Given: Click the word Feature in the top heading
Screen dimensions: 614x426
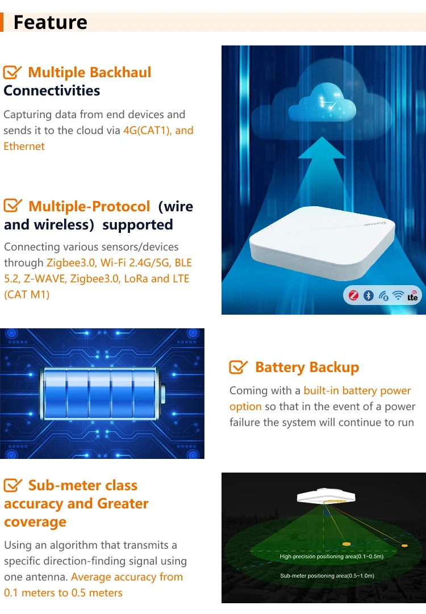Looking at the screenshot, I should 50,22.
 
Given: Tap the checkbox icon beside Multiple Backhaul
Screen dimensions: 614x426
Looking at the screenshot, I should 12,73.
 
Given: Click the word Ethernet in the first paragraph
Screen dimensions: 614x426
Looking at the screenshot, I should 24,147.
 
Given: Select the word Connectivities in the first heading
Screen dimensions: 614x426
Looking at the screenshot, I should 52,91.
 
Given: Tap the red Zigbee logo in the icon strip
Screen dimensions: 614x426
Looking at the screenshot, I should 353,295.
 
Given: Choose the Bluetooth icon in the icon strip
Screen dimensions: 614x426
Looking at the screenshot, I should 368,295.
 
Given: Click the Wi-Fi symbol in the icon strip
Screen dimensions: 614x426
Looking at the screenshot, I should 398,295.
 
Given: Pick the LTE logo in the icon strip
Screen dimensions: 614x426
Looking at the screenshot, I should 412,296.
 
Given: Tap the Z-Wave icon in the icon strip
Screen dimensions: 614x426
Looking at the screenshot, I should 383,295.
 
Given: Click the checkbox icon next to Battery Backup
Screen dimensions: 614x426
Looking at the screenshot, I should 239,367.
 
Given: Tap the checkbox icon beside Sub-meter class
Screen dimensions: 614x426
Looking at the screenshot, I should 12,486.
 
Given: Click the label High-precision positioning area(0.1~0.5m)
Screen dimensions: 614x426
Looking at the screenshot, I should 331,557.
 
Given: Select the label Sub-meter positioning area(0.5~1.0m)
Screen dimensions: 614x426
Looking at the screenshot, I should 327,576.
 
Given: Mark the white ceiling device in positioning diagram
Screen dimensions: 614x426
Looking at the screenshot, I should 321,496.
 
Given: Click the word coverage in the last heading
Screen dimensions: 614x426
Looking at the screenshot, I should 36,522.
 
